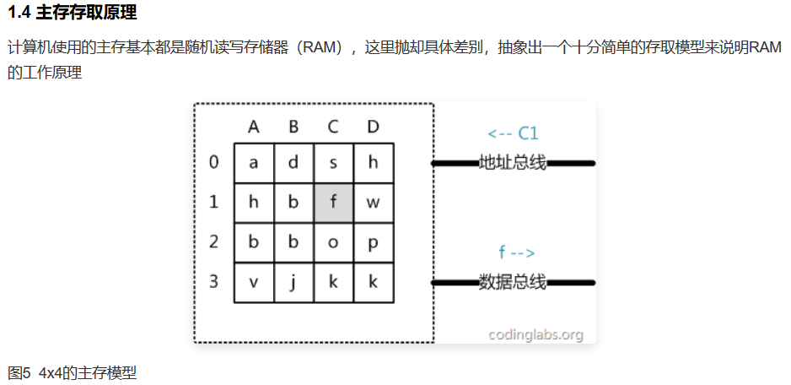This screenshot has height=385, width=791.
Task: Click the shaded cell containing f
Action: [333, 203]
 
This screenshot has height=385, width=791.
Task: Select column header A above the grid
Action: [254, 127]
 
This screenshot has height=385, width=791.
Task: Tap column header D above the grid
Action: [373, 127]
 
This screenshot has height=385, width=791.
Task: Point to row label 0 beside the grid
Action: [214, 162]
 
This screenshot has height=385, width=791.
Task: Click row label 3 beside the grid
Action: [214, 281]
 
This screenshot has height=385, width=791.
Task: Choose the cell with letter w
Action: [373, 203]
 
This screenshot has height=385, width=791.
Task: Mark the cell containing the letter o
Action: [333, 242]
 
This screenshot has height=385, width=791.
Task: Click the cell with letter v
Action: [254, 282]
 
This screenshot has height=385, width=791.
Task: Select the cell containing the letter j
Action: [293, 282]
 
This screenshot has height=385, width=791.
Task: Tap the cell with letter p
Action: [373, 242]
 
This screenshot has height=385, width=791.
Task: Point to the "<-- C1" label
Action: [513, 133]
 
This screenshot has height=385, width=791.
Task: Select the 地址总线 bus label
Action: [513, 162]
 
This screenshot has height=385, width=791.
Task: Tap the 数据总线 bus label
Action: [513, 282]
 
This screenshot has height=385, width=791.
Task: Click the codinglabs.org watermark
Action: [536, 334]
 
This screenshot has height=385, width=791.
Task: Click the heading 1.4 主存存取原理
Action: [73, 14]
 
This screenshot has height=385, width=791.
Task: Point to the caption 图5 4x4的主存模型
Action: [73, 372]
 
